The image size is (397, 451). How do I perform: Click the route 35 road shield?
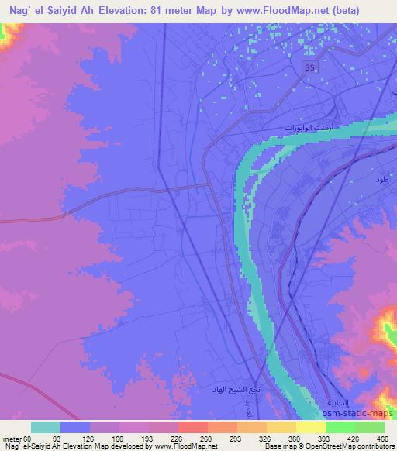point(310,70)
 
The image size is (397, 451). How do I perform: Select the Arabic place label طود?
point(381,181)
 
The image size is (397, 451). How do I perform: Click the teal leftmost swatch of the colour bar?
point(46,427)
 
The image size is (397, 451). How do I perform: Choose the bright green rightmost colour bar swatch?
point(369,427)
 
